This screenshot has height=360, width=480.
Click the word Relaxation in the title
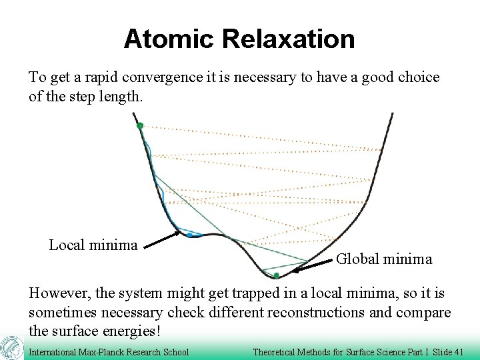[x=288, y=39]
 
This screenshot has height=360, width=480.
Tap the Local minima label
[x=93, y=245]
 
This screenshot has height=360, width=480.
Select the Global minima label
[x=384, y=259]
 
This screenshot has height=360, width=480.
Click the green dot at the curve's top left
[x=139, y=125]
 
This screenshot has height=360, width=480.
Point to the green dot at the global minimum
[x=275, y=275]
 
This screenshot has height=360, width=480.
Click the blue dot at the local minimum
[x=190, y=235]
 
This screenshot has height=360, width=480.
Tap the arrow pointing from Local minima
[x=161, y=239]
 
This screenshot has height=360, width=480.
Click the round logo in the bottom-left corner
[x=11, y=348]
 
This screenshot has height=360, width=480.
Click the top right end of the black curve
[x=391, y=115]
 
